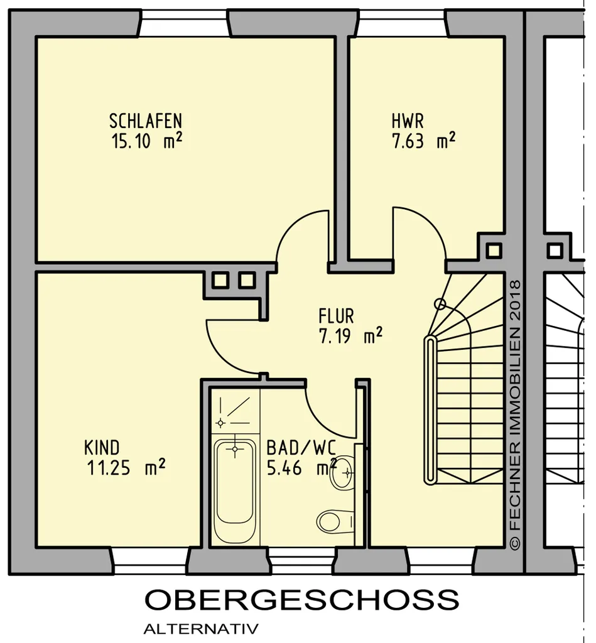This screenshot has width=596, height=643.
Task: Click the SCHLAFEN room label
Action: [x=146, y=121]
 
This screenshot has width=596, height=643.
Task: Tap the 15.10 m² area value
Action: [x=147, y=141]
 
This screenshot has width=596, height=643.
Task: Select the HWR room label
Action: [x=408, y=121]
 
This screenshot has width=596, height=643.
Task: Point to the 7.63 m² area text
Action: [x=424, y=141]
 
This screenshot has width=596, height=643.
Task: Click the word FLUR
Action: [x=337, y=316]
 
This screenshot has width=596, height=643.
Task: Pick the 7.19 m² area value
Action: [x=350, y=336]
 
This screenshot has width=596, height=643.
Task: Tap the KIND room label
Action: [x=102, y=448]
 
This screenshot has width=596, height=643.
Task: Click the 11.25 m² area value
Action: [x=126, y=467]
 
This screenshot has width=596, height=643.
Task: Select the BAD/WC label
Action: [x=301, y=448]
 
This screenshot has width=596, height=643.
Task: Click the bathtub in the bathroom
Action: [x=235, y=491]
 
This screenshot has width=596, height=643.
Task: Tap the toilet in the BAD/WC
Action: [x=335, y=521]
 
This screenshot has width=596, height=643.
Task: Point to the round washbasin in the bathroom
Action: [x=343, y=472]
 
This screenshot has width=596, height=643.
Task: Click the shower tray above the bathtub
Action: [x=235, y=411]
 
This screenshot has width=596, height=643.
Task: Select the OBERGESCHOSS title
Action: [x=302, y=600]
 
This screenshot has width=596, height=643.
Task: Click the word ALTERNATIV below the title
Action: [x=201, y=629]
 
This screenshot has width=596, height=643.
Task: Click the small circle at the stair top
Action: [x=440, y=304]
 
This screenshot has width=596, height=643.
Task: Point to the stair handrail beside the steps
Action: [x=430, y=410]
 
